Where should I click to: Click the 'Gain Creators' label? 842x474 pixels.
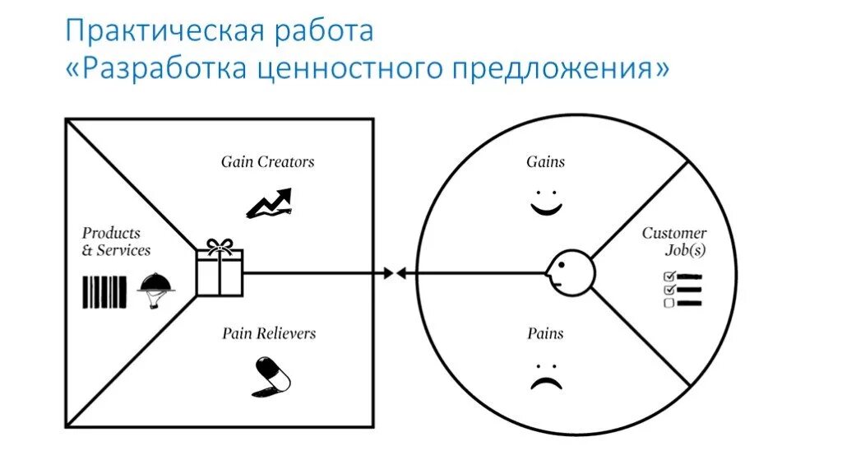pos(267,162)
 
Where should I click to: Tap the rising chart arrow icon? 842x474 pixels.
pos(269,202)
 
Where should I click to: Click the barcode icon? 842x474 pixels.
pos(104,291)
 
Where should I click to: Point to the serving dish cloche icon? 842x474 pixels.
pos(155,288)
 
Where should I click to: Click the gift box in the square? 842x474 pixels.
pos(220,273)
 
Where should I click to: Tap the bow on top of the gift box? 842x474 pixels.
pos(220,245)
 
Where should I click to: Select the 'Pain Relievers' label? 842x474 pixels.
pos(268,333)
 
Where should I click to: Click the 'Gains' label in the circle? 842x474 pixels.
pos(546,162)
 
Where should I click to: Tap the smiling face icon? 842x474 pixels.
pos(545,204)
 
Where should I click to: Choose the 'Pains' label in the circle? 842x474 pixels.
pos(545,333)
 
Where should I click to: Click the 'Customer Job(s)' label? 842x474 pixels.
pos(675,241)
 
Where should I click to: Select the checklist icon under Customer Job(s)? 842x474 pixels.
pos(682,290)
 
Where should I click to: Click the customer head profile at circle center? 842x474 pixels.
pos(569,272)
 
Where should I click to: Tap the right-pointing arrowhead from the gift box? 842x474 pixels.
pos(387,272)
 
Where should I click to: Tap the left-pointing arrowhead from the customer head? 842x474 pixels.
pos(401,272)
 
